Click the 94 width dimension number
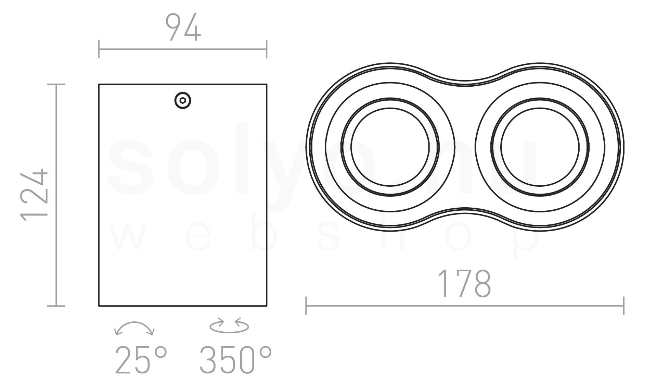(x=183, y=27)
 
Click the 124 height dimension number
(x=35, y=195)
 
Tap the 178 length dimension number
(x=465, y=284)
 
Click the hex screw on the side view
(x=183, y=100)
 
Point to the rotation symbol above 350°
(x=229, y=325)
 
